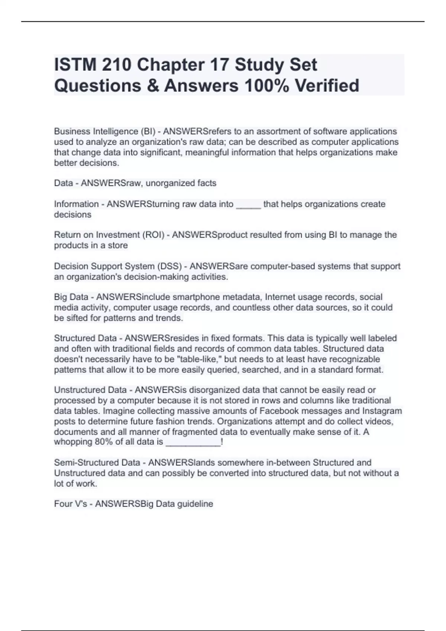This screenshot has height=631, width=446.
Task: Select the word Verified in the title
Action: click(327, 86)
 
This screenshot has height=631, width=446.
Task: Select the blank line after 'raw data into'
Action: click(248, 204)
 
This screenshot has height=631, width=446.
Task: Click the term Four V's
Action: click(71, 504)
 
